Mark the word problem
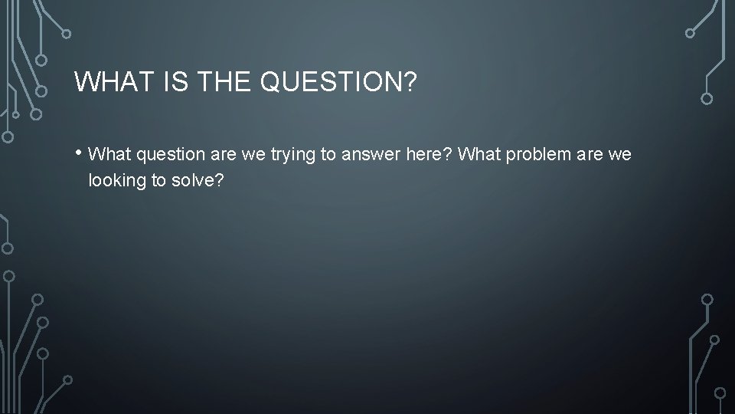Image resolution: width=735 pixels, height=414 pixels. [537, 155]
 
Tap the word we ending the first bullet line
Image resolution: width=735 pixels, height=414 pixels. [620, 155]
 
